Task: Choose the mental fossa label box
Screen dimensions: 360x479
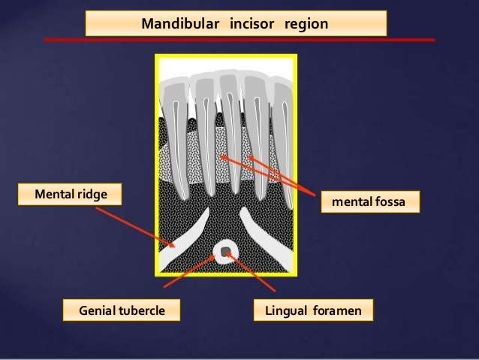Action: pyautogui.click(x=368, y=202)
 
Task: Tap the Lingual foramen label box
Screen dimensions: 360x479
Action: pyautogui.click(x=314, y=309)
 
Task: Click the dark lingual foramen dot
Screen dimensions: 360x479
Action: pyautogui.click(x=224, y=250)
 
